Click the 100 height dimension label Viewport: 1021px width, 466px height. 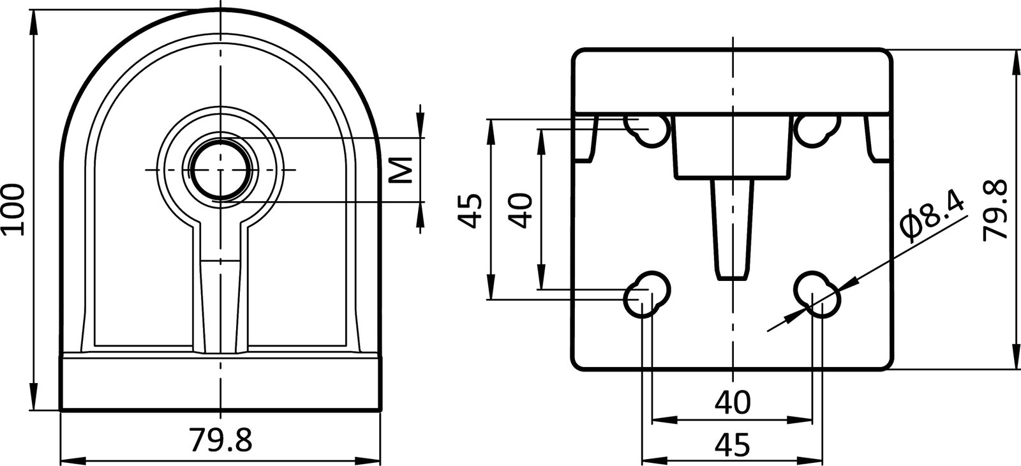pos(13,209)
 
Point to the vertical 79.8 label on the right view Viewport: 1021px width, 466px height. pos(995,209)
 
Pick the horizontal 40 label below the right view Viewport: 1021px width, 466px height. pos(733,402)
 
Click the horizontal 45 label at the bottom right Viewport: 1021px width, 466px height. pos(733,445)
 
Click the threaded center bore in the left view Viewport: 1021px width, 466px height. pos(220,170)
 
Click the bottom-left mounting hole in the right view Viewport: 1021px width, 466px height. pos(648,295)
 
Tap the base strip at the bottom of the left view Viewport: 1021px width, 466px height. pos(220,383)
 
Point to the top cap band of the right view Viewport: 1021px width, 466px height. pos(731,80)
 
